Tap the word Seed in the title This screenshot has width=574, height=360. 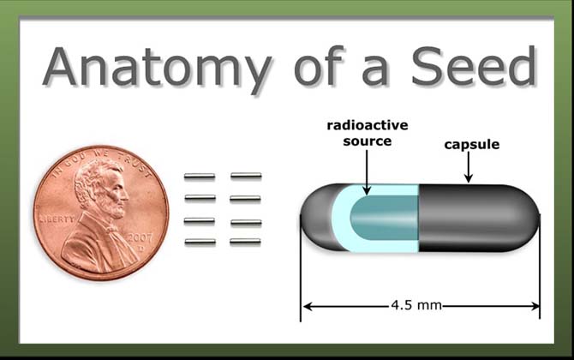tap(474, 66)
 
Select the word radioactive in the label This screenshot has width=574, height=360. tap(368, 125)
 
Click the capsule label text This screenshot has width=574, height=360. tap(471, 145)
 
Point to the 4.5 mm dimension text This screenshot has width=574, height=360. tap(416, 305)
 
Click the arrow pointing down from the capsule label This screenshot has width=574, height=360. tap(469, 167)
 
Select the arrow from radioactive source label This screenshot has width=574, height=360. tap(367, 172)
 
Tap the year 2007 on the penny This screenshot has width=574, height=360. tap(140, 238)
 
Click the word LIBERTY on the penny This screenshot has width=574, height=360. tap(57, 219)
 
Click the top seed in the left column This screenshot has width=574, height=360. tap(200, 177)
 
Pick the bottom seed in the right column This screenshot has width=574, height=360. tap(245, 241)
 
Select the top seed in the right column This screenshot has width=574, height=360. tap(246, 176)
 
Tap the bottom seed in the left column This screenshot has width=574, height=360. tap(200, 242)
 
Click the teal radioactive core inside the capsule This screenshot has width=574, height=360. tap(385, 218)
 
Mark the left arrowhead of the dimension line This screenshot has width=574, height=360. tap(308, 306)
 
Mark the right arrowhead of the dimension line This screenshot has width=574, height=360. tap(535, 306)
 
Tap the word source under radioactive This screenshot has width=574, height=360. tap(368, 141)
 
